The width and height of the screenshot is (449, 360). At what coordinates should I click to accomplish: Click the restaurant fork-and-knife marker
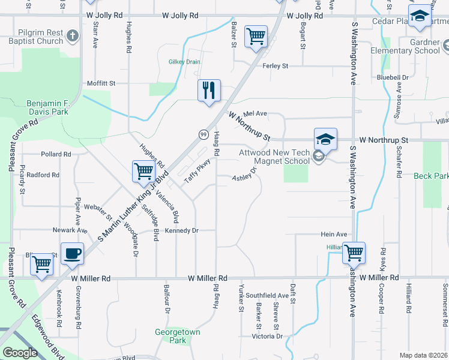click(x=209, y=91)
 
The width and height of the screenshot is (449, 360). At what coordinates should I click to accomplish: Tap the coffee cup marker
click(x=72, y=253)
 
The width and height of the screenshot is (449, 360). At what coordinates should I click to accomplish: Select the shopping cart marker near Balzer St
click(x=256, y=37)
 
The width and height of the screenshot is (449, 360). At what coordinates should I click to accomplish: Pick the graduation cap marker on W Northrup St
click(x=325, y=140)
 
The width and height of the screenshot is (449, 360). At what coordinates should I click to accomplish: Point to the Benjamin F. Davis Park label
click(x=47, y=107)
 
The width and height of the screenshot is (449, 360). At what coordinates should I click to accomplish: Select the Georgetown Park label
click(x=178, y=336)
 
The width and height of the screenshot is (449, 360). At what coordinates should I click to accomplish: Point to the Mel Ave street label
click(x=255, y=113)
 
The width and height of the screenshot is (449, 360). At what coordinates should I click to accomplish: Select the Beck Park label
click(x=431, y=176)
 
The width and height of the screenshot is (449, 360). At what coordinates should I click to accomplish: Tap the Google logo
click(x=20, y=353)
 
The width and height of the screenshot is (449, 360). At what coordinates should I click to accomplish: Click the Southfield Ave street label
click(x=267, y=295)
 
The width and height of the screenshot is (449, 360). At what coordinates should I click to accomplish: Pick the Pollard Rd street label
click(x=56, y=154)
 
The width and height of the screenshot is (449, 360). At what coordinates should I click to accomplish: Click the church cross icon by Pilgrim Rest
click(x=73, y=36)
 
